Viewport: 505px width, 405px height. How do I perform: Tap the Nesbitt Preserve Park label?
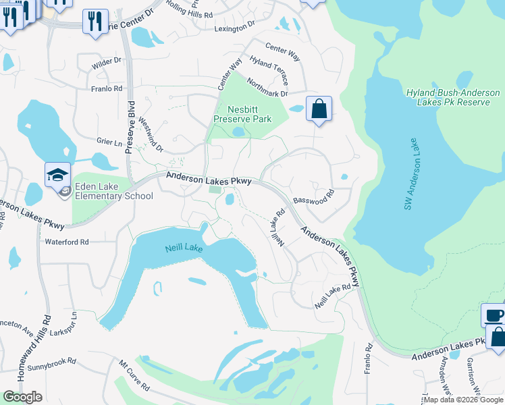[x=242, y=113]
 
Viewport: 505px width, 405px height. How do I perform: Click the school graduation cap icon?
[x=58, y=174]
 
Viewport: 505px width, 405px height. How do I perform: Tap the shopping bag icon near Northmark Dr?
[x=319, y=108]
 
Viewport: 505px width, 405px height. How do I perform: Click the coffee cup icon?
[x=493, y=315]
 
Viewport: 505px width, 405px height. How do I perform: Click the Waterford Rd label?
[x=67, y=242]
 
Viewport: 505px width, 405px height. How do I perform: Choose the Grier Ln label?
[x=109, y=142]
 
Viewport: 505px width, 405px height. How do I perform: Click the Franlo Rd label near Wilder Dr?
[x=108, y=88]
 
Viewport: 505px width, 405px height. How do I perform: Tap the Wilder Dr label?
[x=107, y=61]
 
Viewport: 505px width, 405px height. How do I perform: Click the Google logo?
[x=22, y=397]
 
